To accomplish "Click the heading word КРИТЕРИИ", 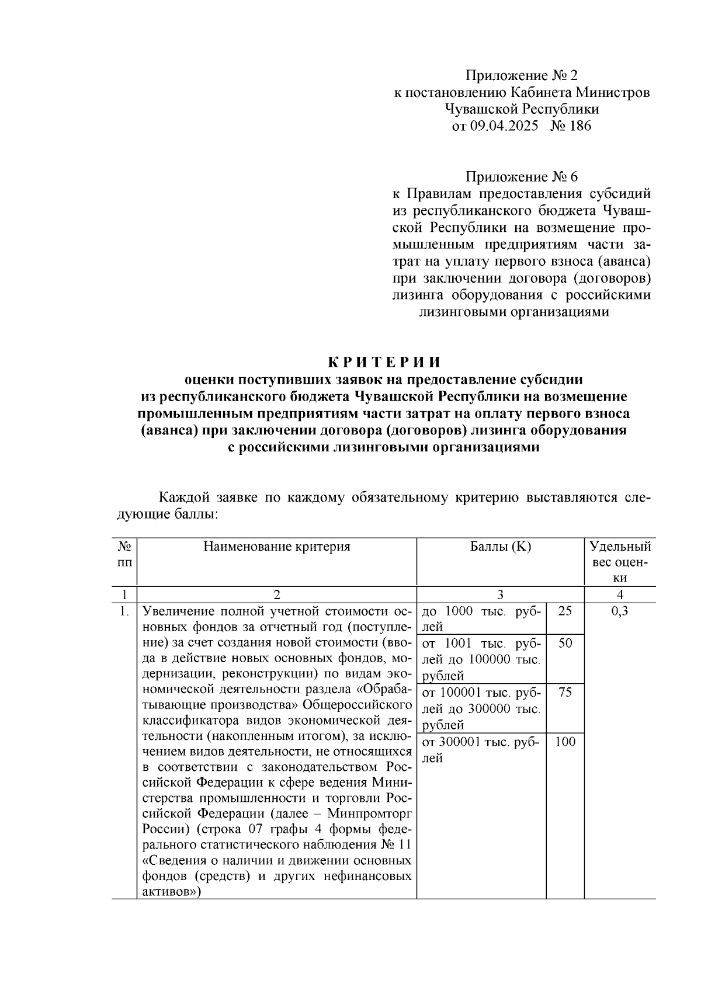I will [x=383, y=362].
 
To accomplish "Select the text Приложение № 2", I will [x=521, y=76].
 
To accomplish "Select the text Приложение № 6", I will [x=521, y=177].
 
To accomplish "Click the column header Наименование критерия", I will [x=276, y=547].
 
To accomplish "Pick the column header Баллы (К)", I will [x=500, y=547].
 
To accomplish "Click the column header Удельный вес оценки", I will [x=620, y=562].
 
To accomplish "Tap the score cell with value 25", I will [x=565, y=611].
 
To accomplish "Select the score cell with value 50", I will [x=565, y=644].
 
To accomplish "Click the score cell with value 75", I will [x=565, y=693].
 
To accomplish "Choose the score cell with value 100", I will [x=565, y=742].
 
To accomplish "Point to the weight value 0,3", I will [x=620, y=611].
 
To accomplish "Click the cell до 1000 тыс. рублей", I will [x=481, y=619].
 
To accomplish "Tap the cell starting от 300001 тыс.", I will [x=481, y=750].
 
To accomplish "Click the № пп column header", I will [x=124, y=554].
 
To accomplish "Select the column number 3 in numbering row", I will [x=500, y=594].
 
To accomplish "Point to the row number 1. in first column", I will [x=123, y=612].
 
